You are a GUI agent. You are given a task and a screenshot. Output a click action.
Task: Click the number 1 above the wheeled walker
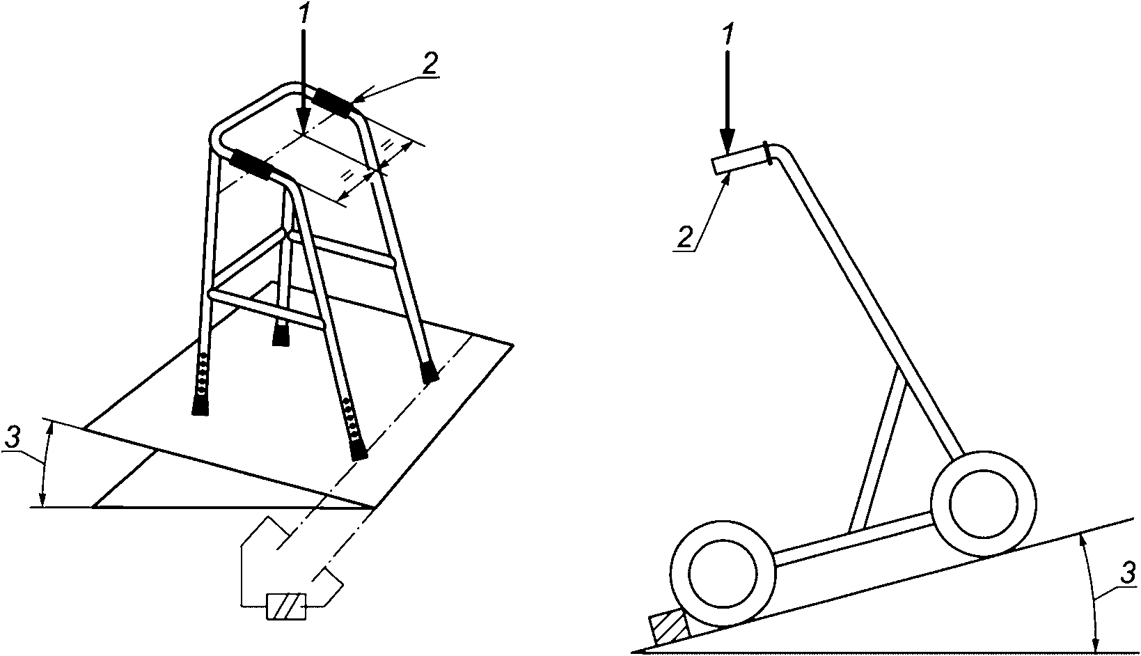click(729, 36)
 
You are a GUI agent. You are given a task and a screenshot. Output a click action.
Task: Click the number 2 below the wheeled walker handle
click(686, 237)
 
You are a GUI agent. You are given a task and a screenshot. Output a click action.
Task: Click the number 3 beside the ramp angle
click(1127, 574)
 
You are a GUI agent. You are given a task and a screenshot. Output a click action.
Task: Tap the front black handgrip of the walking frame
click(250, 164)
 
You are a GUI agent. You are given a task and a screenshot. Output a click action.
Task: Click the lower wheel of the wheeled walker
click(724, 574)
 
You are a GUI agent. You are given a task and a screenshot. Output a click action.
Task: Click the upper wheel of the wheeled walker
click(984, 503)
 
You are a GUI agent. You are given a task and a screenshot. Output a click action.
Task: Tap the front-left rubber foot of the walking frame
click(200, 405)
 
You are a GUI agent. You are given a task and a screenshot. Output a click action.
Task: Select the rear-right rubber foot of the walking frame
click(430, 372)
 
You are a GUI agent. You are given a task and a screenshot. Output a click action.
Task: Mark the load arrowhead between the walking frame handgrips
click(303, 123)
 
